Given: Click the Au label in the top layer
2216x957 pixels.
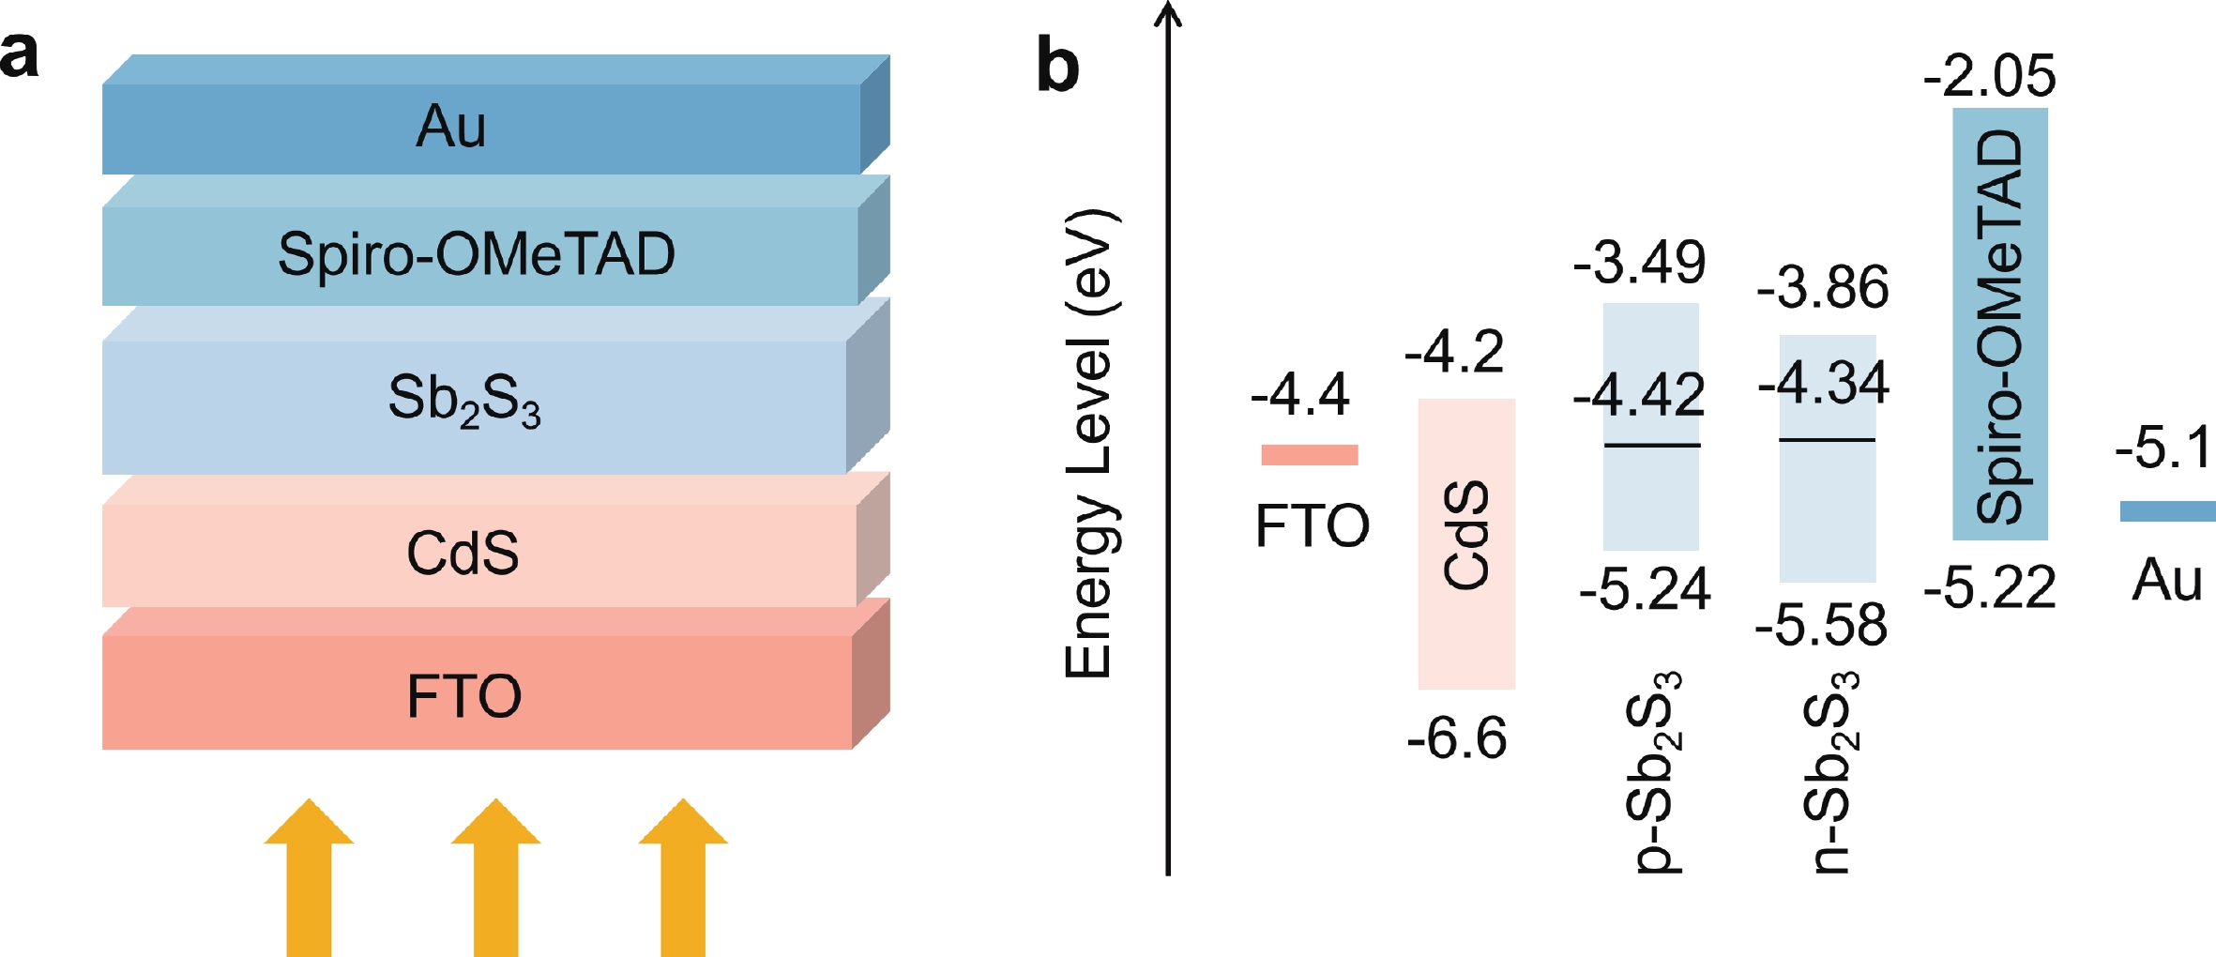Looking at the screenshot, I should point(451,126).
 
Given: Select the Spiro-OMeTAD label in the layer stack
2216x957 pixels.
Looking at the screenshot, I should point(476,253).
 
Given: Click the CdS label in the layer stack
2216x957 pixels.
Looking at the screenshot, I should point(463,553).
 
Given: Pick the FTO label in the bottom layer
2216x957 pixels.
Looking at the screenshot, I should point(463,695).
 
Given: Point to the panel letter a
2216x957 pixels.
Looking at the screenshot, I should point(20,54).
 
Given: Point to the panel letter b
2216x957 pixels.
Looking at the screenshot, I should point(1057,66).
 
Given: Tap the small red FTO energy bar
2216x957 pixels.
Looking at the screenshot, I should point(1310,455).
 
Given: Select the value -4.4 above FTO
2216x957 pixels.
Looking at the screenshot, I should point(1300,394).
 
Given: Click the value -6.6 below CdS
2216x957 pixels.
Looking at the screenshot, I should point(1457,737).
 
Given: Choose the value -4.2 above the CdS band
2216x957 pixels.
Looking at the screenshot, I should point(1454,352).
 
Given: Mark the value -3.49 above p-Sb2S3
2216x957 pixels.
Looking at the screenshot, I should point(1639,262).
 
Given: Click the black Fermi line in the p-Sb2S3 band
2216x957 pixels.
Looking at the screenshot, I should point(1651,445).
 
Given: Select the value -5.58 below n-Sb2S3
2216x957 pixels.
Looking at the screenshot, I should point(1821,625).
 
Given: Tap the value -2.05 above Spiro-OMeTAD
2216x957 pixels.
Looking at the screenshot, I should point(1990,75).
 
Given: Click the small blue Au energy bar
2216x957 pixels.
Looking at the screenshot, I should point(2167,511).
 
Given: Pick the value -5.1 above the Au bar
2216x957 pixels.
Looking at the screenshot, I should point(2163,447).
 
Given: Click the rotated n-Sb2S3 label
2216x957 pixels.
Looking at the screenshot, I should point(1830,772).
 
